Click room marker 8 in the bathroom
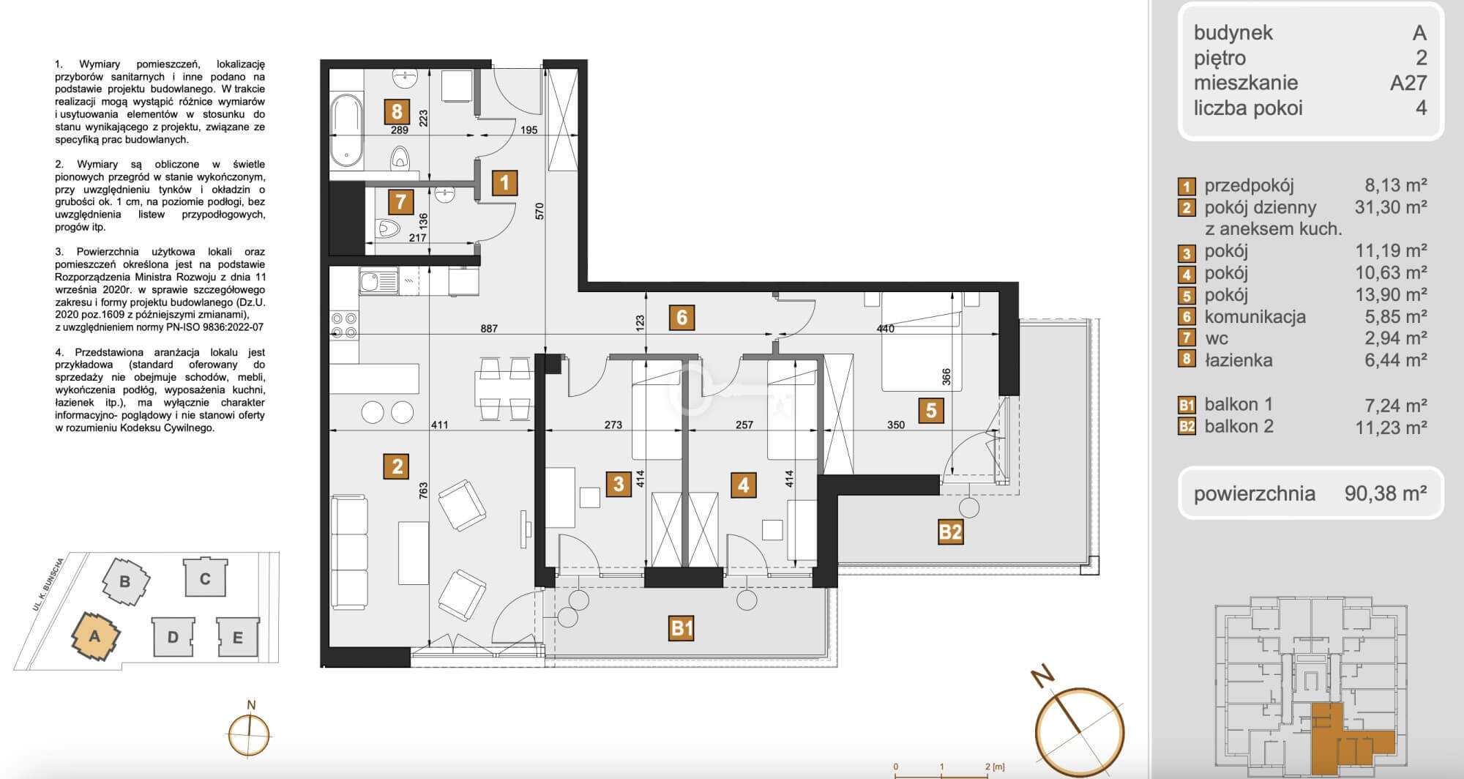coord(397,111)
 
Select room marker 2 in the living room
coord(397,466)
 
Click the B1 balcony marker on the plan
coord(681,627)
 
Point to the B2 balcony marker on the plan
coord(949,532)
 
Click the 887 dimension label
coord(488,329)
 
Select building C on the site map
coord(205,578)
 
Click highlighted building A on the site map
coord(94,636)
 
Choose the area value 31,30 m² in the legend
coord(1391,207)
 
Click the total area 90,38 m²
coord(1385,493)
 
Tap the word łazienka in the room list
coord(1239,360)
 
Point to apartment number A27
coord(1408,83)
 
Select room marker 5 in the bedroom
coord(931,409)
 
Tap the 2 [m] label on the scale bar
coord(995,767)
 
